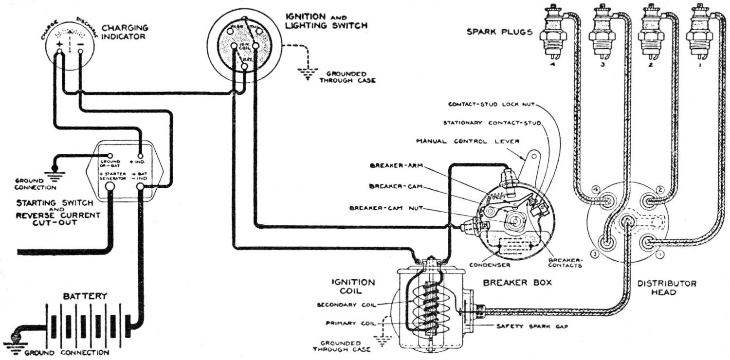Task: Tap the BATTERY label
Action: tap(85, 296)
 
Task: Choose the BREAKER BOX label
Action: tap(517, 282)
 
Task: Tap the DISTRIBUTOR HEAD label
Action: tap(667, 288)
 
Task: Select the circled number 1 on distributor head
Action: tap(659, 253)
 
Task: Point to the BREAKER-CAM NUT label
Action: tap(386, 208)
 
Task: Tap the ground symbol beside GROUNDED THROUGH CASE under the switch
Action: tap(306, 74)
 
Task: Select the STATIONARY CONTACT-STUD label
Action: tap(492, 122)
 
